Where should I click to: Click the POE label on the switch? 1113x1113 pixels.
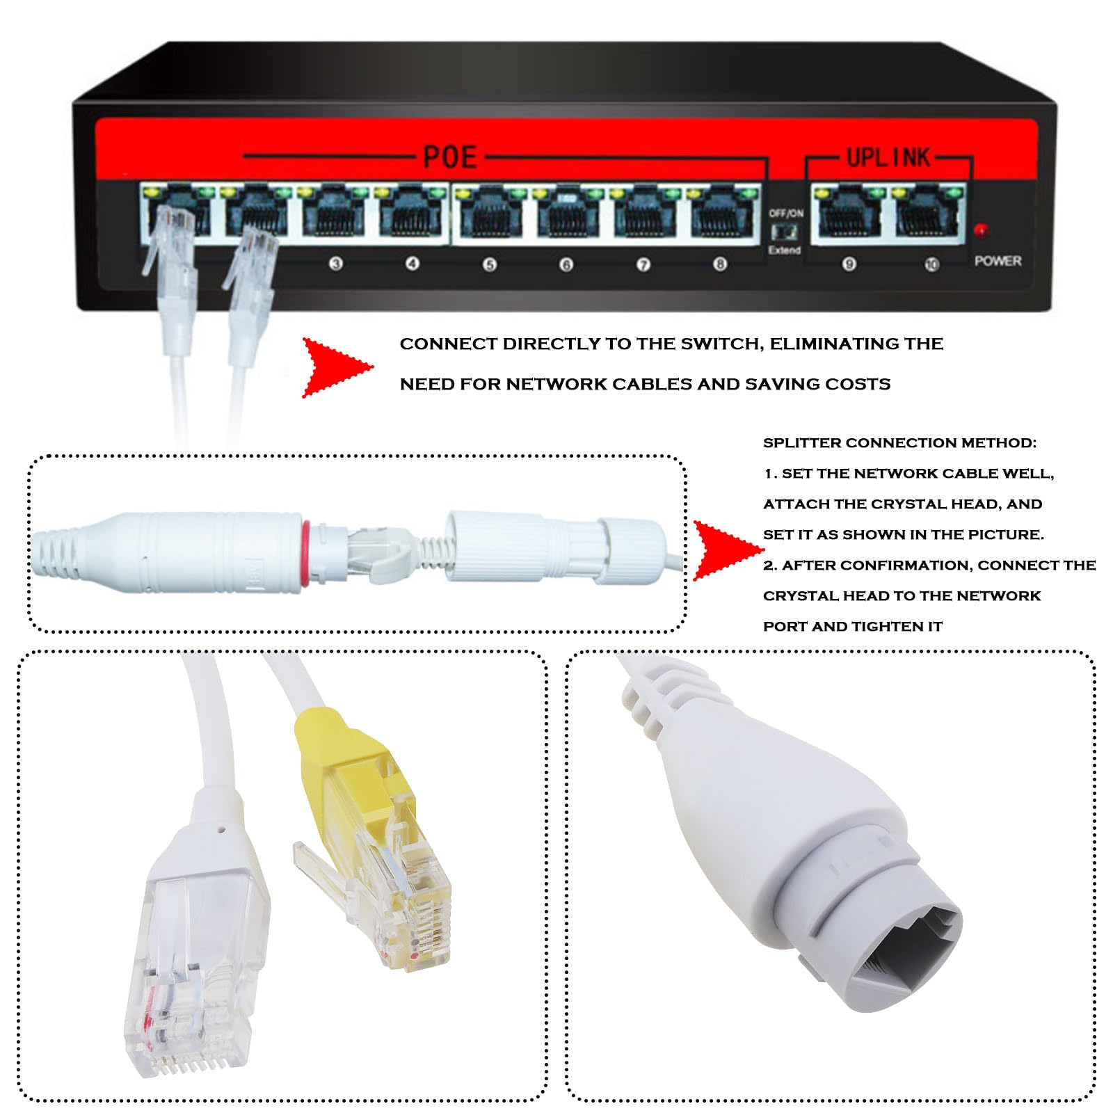click(x=450, y=157)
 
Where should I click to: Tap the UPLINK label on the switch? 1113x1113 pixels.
click(x=888, y=157)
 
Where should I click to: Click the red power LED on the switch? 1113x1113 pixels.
click(x=981, y=230)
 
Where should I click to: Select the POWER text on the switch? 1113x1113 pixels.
click(x=998, y=261)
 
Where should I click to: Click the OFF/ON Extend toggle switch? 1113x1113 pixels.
click(x=785, y=231)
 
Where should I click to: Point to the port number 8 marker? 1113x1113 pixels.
click(x=720, y=264)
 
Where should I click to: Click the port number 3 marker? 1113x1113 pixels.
click(x=336, y=264)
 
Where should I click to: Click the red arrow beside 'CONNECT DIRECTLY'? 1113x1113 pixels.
click(x=337, y=367)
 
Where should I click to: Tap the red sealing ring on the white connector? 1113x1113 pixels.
click(x=305, y=554)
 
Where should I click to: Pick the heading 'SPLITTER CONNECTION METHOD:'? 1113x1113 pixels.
click(x=899, y=443)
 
